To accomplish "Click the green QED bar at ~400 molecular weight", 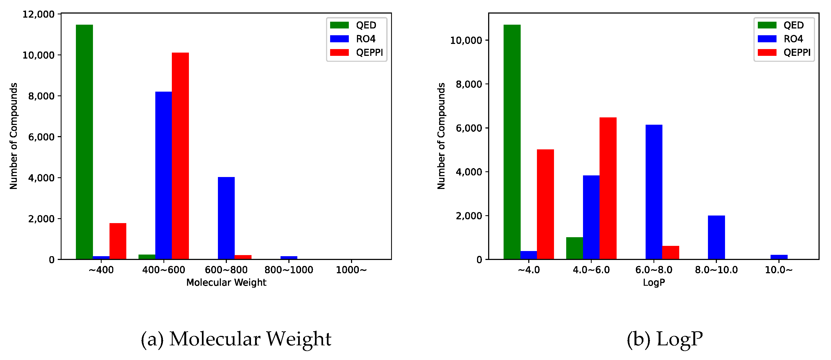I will [x=84, y=142].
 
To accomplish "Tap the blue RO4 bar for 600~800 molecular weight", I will [x=226, y=218].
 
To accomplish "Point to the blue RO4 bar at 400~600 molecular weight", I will [x=163, y=175].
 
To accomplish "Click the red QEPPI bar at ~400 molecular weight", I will [x=118, y=241].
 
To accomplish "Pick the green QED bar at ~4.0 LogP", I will [x=512, y=142].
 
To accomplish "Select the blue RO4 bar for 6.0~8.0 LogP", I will [x=654, y=192].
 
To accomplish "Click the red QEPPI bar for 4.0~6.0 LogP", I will [x=608, y=188].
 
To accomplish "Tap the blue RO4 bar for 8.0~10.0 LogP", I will [x=716, y=237].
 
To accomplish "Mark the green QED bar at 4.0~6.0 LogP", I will [x=575, y=248].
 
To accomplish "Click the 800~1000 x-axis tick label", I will [x=289, y=270].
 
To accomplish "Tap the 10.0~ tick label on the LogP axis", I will [x=779, y=270].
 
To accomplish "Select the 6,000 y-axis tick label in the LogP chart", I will [x=469, y=128].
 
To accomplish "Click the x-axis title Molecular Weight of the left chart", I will [x=226, y=282].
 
